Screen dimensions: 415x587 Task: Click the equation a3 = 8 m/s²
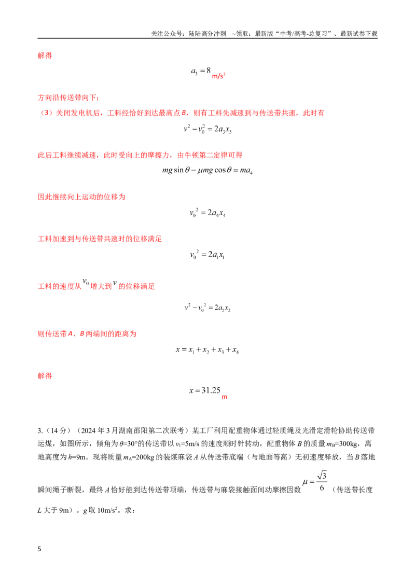(x=208, y=73)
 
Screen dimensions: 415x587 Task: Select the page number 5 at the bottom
(x=39, y=549)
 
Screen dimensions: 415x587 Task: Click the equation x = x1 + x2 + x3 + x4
(x=207, y=350)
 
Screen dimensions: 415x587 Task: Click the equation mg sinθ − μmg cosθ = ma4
(x=208, y=170)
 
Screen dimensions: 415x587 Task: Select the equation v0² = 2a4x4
(x=208, y=213)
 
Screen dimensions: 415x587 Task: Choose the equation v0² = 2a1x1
(x=207, y=255)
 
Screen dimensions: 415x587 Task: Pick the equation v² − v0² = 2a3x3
(x=208, y=129)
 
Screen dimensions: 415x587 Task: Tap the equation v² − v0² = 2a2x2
(x=208, y=308)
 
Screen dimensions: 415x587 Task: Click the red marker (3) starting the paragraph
(x=47, y=113)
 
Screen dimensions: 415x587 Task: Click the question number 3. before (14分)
(x=40, y=430)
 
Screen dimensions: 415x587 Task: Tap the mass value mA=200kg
(x=139, y=457)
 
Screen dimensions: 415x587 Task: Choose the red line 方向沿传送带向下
(x=68, y=97)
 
